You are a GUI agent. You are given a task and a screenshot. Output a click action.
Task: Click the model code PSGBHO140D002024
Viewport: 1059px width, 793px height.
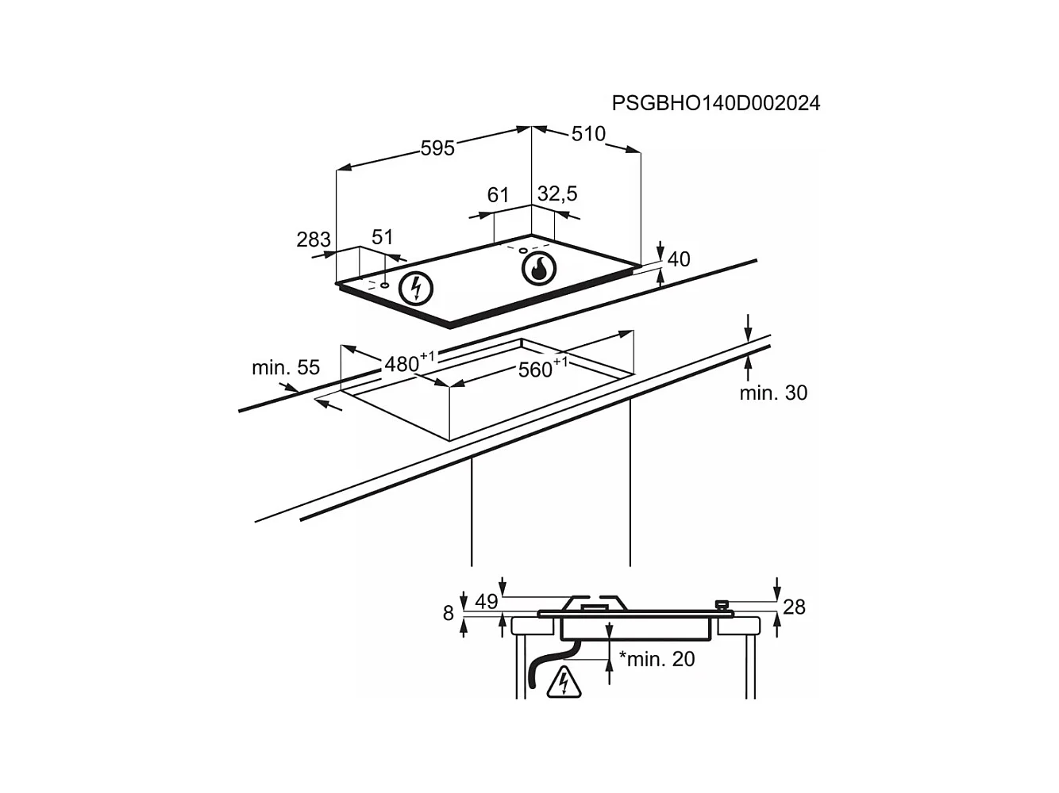point(715,103)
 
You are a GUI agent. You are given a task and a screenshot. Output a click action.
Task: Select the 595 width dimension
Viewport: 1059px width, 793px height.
point(437,148)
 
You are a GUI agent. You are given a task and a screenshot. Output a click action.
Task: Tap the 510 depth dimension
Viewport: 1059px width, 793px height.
point(588,134)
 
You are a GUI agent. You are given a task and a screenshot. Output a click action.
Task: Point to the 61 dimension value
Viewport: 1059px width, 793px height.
point(498,195)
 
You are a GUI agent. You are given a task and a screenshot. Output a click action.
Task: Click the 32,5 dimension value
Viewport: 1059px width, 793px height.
point(557,193)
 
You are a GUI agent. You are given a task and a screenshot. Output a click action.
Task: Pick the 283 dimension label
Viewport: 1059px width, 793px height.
point(314,239)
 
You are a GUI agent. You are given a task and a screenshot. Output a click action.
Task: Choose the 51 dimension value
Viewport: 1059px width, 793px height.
point(383,236)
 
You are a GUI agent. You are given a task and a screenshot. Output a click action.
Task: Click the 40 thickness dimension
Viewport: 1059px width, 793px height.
point(679,259)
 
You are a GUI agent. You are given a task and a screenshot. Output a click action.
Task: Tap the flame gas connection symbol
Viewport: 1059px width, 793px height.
point(538,268)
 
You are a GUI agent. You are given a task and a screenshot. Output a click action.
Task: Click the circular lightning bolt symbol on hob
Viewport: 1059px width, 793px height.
point(416,288)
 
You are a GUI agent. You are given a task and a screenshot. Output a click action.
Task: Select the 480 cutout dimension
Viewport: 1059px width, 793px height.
point(403,363)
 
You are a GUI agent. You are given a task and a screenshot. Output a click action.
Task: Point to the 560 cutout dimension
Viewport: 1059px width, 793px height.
point(537,369)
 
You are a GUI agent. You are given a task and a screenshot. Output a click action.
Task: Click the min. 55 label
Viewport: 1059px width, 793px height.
point(286,367)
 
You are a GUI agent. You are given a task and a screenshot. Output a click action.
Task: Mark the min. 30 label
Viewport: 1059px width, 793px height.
point(773,393)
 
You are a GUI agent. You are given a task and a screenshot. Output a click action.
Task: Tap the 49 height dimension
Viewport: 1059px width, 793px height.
point(486,602)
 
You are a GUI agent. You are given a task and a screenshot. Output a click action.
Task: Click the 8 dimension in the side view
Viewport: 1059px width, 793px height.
point(449,613)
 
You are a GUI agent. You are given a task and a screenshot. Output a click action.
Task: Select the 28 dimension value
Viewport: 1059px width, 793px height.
point(794,607)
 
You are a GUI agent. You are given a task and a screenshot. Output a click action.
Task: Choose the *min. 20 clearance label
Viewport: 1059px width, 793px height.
point(657,658)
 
